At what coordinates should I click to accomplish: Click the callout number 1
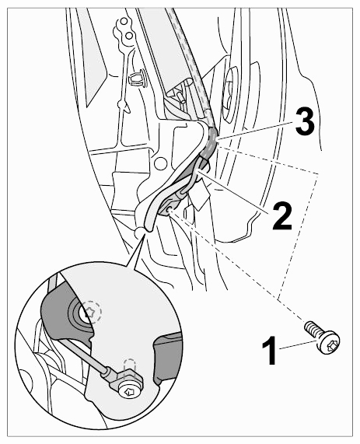269,350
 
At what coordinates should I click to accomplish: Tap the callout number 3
305,122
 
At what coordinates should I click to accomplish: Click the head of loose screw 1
329,342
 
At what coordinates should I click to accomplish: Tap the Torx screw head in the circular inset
130,391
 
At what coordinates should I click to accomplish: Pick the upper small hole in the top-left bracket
124,21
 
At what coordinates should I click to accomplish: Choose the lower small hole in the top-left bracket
129,36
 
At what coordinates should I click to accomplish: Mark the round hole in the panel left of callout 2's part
160,163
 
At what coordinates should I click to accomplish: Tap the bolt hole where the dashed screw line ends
169,210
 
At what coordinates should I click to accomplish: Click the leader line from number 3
254,130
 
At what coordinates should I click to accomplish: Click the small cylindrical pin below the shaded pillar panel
181,97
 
